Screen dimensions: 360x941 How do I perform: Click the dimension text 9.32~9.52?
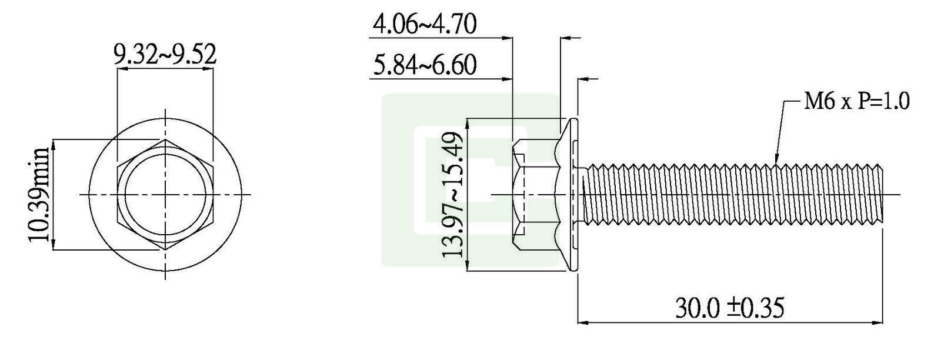point(165,55)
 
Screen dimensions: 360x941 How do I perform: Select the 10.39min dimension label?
point(40,195)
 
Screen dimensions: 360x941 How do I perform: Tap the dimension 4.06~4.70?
point(425,25)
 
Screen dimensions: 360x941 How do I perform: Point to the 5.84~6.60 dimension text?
point(425,65)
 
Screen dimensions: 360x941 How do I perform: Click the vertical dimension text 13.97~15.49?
point(453,195)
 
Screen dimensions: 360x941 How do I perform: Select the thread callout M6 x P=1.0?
point(856,102)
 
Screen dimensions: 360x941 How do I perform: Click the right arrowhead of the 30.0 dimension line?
point(880,322)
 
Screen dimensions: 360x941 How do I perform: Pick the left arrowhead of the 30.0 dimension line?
point(582,322)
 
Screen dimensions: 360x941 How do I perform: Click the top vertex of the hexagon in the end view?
point(166,140)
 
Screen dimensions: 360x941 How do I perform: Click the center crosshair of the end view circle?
point(166,195)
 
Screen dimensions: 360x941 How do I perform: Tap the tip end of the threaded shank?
point(882,195)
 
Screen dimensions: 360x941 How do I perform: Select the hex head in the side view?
point(532,195)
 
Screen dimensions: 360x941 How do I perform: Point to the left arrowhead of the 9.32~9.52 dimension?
point(121,69)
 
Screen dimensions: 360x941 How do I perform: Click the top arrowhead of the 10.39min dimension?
point(54,143)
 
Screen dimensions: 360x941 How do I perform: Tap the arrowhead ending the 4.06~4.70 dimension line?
point(509,38)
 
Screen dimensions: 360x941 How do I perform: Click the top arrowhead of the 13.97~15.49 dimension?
point(468,122)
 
